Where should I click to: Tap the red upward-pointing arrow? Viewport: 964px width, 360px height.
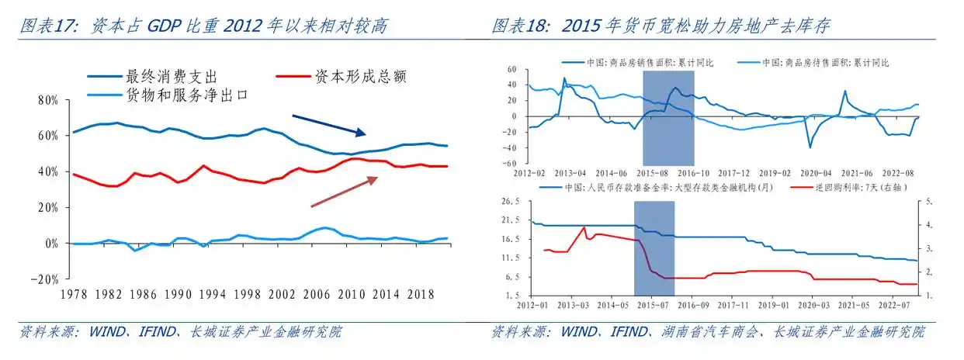(344, 192)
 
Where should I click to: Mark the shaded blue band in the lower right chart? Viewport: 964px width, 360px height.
(654, 248)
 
